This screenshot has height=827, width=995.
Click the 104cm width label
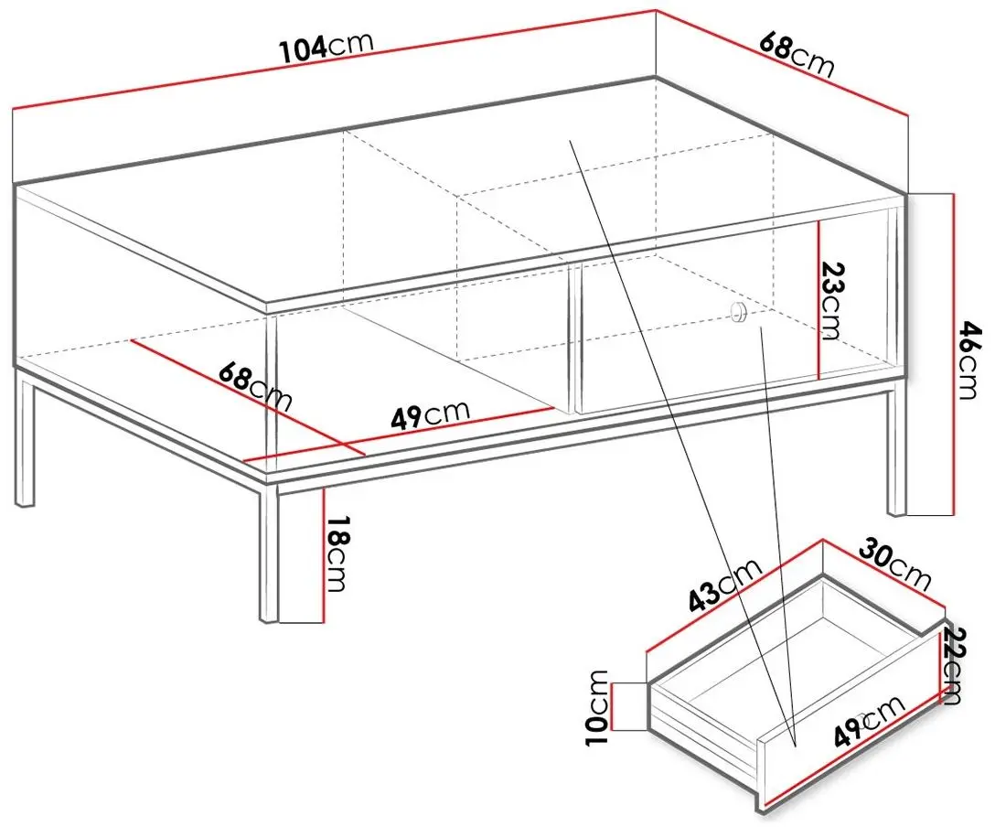326,47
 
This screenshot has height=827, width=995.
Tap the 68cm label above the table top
796,55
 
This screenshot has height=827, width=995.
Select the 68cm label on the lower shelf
255,387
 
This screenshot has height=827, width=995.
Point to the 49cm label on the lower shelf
430,415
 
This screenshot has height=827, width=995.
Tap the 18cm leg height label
337,553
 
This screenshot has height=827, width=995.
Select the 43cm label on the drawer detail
724,585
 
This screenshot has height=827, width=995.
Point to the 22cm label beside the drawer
954,665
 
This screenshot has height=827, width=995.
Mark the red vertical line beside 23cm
819,299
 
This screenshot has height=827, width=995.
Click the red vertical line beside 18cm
324,554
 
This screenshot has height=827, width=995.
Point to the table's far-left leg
24,439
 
